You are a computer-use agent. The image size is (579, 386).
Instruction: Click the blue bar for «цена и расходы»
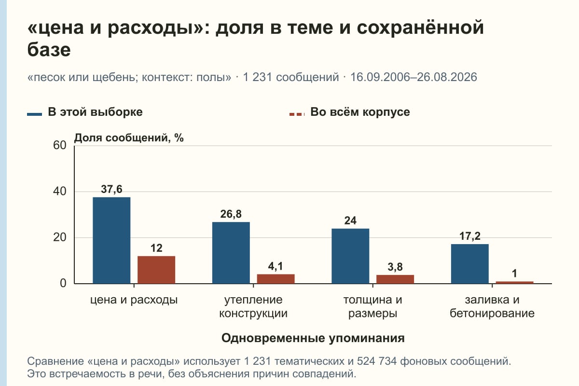pyautogui.click(x=111, y=240)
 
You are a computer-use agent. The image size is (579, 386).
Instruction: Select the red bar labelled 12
pyautogui.click(x=156, y=270)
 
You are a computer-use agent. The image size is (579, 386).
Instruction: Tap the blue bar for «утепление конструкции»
pyautogui.click(x=231, y=253)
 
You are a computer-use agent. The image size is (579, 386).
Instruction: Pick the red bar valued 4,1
pyautogui.click(x=276, y=279)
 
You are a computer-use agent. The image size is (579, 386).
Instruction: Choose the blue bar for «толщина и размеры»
pyautogui.click(x=350, y=256)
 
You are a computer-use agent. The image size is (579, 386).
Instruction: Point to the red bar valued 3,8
pyautogui.click(x=395, y=279)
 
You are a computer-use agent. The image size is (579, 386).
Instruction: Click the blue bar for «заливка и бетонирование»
pyautogui.click(x=469, y=264)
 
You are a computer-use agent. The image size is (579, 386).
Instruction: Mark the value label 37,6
pyautogui.click(x=111, y=190)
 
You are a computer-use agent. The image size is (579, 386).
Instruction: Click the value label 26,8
pyautogui.click(x=231, y=214)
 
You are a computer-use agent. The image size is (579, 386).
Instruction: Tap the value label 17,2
pyautogui.click(x=469, y=236)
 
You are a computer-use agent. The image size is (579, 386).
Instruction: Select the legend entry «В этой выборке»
pyautogui.click(x=85, y=112)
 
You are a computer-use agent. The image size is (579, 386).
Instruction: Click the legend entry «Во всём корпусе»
pyautogui.click(x=349, y=112)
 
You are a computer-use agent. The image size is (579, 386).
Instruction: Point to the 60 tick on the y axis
pyautogui.click(x=60, y=145)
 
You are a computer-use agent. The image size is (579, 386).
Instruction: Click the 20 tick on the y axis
pyautogui.click(x=60, y=237)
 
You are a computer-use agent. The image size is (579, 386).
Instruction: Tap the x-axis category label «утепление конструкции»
pyautogui.click(x=253, y=306)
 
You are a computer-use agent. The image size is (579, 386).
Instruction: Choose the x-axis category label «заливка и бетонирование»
pyautogui.click(x=492, y=306)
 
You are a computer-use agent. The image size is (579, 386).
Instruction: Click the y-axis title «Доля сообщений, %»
pyautogui.click(x=129, y=138)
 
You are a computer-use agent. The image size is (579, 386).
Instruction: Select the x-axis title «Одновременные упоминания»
pyautogui.click(x=313, y=338)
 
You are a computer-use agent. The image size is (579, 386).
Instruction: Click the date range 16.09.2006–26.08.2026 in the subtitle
pyautogui.click(x=414, y=77)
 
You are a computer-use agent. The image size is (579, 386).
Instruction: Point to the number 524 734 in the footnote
pyautogui.click(x=377, y=361)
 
